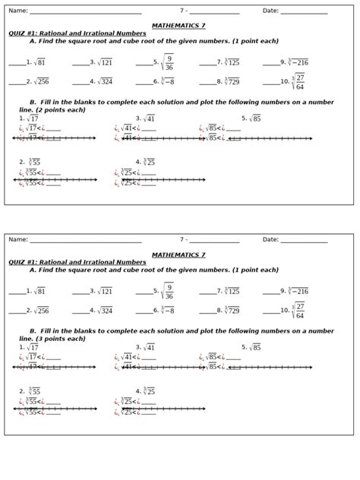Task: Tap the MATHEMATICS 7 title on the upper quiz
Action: [x=178, y=26]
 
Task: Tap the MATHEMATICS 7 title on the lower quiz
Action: [x=178, y=255]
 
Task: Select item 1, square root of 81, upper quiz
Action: [x=37, y=62]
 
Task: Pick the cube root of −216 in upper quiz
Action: [x=296, y=62]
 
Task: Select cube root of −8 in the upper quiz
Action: [x=166, y=81]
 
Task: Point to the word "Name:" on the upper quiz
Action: [x=17, y=11]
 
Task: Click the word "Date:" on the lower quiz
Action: [x=270, y=240]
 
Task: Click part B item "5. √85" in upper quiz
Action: [x=251, y=118]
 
